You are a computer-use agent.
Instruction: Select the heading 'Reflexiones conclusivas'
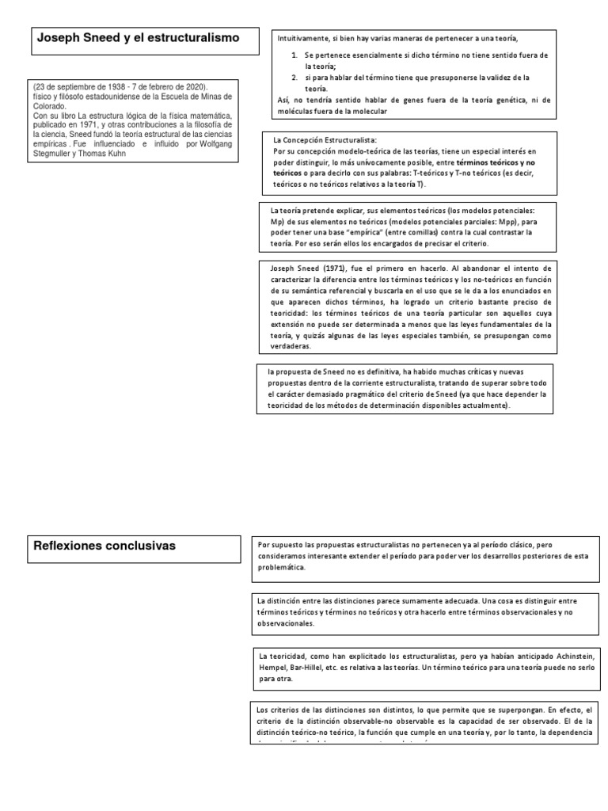104,546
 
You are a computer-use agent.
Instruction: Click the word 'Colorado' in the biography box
53,105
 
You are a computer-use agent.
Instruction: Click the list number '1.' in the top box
294,55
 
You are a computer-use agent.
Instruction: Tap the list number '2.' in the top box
294,78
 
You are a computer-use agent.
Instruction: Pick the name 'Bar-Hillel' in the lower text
307,668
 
